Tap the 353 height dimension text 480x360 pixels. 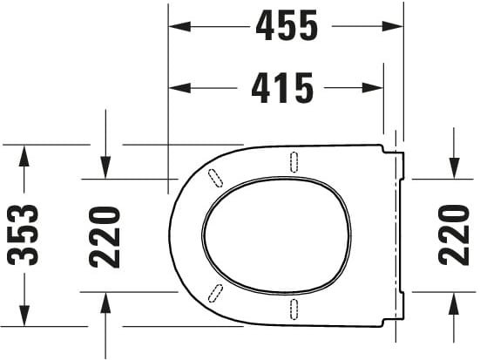24,234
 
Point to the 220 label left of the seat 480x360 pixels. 105,236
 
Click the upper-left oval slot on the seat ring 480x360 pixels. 213,176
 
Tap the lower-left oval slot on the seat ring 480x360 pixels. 213,294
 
